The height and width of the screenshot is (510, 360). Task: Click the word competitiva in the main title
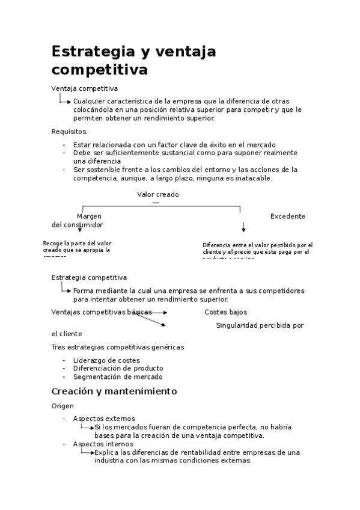tap(99, 70)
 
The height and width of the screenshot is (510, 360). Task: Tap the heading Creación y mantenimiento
tap(114, 392)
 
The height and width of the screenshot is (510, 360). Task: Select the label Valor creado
tap(157, 195)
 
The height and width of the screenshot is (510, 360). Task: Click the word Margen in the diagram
tap(89, 217)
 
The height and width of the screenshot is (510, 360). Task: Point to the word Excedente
tap(287, 217)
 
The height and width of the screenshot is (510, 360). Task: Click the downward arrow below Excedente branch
tap(243, 227)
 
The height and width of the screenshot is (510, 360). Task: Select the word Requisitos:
tap(70, 132)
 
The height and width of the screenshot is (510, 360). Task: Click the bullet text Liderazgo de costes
tap(106, 360)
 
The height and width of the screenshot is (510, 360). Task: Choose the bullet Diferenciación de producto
tap(118, 369)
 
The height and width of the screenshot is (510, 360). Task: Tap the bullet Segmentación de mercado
tap(117, 377)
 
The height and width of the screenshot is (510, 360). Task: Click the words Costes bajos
tap(225, 312)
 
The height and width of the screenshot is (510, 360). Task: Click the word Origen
tap(63, 406)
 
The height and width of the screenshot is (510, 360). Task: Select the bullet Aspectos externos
tap(104, 419)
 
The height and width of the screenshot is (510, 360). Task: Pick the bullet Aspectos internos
tap(103, 444)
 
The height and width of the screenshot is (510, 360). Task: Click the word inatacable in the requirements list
tap(252, 178)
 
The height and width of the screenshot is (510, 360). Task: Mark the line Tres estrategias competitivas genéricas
tap(118, 347)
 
